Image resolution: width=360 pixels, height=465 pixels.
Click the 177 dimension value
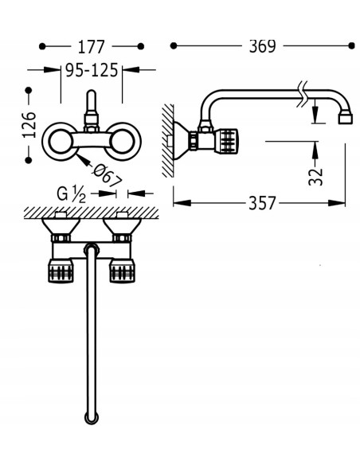point(92,47)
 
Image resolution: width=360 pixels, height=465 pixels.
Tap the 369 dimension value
point(262,46)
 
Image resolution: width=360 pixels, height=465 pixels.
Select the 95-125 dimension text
point(92,71)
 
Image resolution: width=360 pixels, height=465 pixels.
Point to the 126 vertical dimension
point(29,125)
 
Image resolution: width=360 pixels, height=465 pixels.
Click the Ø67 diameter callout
point(107,175)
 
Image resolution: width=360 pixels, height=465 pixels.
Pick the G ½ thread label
point(71,194)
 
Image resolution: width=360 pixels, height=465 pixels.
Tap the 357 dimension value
point(262,204)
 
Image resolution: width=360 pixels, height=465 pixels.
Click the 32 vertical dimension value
point(315,177)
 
